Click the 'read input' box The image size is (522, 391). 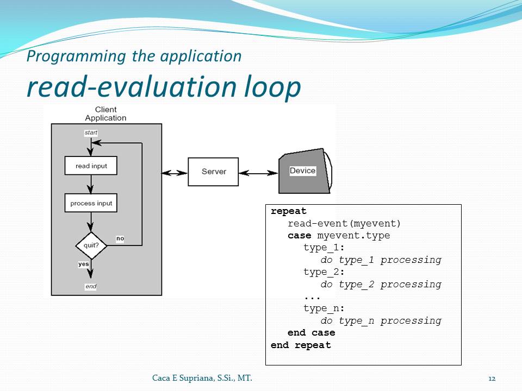coord(91,166)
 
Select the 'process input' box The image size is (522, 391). coord(91,203)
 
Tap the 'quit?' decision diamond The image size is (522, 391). coord(91,245)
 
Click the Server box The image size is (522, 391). coord(213,172)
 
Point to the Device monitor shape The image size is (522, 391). coord(303,171)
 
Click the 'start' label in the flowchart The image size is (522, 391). coord(91,133)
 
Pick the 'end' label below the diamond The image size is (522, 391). coord(91,286)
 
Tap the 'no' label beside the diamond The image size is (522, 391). coord(120,238)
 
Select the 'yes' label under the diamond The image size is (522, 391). coord(84,264)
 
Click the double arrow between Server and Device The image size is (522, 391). coord(258,173)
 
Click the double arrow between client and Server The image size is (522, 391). coord(175,173)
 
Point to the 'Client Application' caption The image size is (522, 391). coord(105,114)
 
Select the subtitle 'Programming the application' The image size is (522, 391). coord(134,56)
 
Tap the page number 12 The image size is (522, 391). coord(492,378)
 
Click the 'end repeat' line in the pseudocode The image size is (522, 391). coord(301,345)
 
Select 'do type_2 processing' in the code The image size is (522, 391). coord(381,284)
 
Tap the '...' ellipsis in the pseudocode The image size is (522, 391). coord(312,297)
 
